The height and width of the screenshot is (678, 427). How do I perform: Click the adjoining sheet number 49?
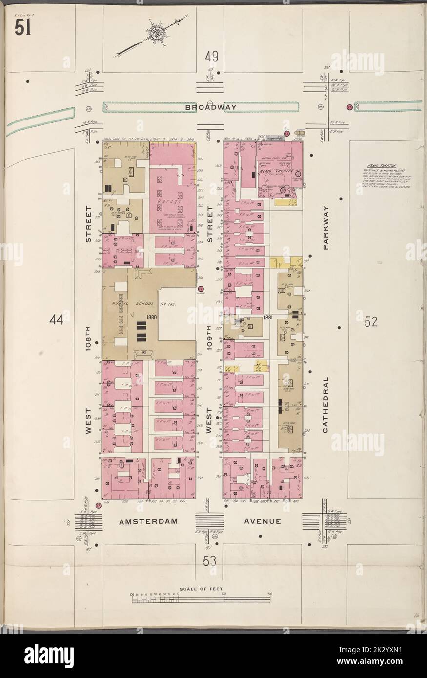(x=211, y=58)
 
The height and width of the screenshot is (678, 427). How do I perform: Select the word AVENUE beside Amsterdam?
(x=263, y=521)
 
